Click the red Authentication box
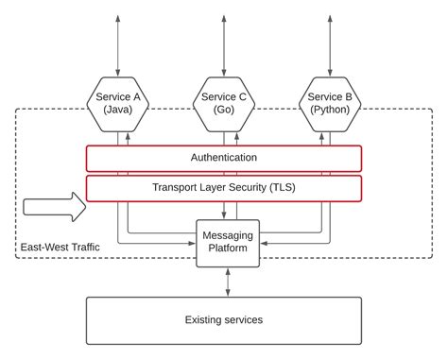(224, 158)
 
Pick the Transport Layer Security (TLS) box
(224, 188)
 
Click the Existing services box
(224, 320)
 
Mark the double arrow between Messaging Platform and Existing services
(227, 282)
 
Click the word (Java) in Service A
(118, 111)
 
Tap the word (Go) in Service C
(225, 111)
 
